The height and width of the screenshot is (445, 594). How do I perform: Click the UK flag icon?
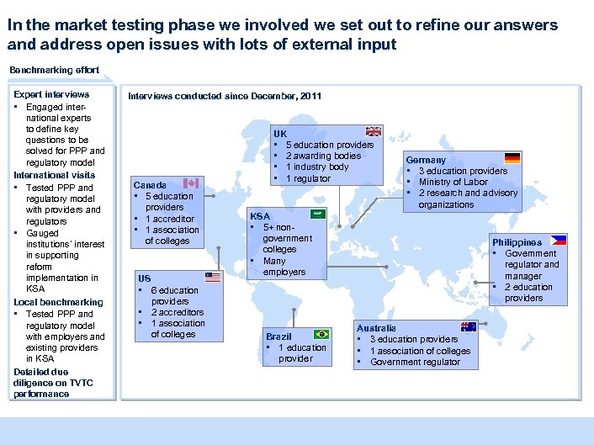pyautogui.click(x=374, y=131)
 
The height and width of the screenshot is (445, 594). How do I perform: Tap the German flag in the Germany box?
pyautogui.click(x=512, y=157)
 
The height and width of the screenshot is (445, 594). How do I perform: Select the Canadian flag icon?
pyautogui.click(x=191, y=183)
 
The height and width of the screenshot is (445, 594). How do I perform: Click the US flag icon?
pyautogui.click(x=213, y=277)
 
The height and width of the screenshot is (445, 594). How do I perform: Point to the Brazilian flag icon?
pyautogui.click(x=321, y=334)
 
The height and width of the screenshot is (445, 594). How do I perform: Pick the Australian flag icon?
pyautogui.click(x=468, y=326)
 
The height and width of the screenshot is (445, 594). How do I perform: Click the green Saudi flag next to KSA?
pyautogui.click(x=318, y=215)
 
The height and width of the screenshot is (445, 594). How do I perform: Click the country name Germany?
pyautogui.click(x=426, y=160)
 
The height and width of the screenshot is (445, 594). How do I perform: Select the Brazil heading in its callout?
pyautogui.click(x=278, y=336)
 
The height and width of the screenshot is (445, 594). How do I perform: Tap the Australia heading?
pyautogui.click(x=376, y=328)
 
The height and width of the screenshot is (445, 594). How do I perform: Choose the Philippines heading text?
pyautogui.click(x=517, y=242)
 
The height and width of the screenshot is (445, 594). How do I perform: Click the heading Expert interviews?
pyautogui.click(x=51, y=94)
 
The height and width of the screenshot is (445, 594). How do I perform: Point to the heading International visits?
pyautogui.click(x=54, y=175)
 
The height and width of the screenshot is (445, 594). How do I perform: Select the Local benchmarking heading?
pyautogui.click(x=58, y=302)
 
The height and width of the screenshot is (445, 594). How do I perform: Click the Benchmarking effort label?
pyautogui.click(x=54, y=70)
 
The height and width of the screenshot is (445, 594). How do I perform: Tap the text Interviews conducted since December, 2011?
pyautogui.click(x=224, y=96)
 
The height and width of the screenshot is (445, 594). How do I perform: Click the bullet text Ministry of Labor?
pyautogui.click(x=453, y=182)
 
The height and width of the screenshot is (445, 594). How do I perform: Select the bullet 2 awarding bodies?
pyautogui.click(x=323, y=156)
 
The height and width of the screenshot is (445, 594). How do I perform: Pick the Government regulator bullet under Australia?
pyautogui.click(x=415, y=362)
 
